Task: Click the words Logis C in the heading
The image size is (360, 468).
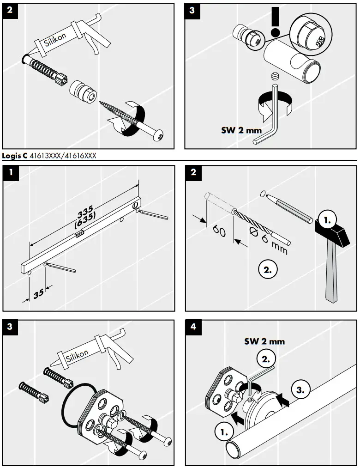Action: coord(14,156)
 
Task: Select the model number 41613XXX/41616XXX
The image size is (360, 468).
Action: coord(63,156)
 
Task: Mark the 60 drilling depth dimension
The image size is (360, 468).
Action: coord(219,230)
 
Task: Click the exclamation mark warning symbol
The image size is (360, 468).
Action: coord(276,22)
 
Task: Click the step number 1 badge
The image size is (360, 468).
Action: coord(10,173)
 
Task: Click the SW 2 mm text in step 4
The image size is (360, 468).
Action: coord(264,341)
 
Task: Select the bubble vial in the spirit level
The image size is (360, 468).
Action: coord(79,235)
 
